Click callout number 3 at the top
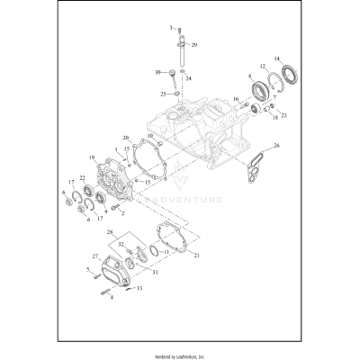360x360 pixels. [x=168, y=30]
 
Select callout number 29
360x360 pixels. [x=195, y=44]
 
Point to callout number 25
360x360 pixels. [x=163, y=93]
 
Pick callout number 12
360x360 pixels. [x=263, y=67]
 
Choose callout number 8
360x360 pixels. [x=247, y=78]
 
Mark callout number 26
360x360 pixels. [x=277, y=145]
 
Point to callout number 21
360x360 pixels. [x=197, y=256]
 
